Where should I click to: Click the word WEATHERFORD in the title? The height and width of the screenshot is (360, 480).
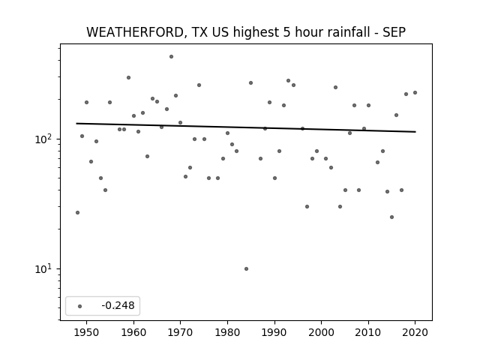(135, 32)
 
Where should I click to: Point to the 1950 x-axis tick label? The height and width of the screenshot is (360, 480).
(87, 332)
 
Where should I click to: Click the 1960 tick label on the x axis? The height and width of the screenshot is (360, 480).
(133, 332)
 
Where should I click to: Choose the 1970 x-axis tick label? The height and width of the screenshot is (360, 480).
(181, 332)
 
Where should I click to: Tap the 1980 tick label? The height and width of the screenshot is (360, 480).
(227, 332)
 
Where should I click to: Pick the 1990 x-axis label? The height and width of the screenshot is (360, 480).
(274, 332)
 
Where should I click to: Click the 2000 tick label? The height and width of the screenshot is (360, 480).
(322, 332)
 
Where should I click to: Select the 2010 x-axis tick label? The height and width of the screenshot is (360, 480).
(368, 332)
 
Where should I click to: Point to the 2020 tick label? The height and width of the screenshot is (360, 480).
(415, 332)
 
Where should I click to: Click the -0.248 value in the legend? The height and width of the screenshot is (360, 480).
(118, 305)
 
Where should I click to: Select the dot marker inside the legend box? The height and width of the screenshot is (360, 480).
(80, 306)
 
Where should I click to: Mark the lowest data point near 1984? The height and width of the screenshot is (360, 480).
(247, 268)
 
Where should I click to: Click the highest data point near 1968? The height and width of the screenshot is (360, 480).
(172, 57)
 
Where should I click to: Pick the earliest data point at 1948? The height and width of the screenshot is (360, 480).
(77, 212)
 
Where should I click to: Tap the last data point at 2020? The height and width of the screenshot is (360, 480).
(415, 92)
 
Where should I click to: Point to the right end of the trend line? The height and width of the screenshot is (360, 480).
(415, 132)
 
